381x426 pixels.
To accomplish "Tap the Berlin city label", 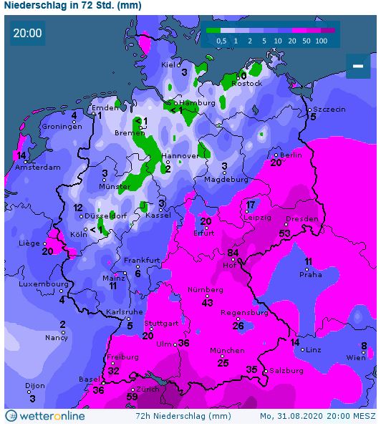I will pos(291,155).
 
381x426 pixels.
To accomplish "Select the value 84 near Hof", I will pos(233,253).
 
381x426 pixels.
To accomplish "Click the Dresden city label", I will pos(301,219).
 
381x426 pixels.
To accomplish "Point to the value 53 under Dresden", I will pos(285,233).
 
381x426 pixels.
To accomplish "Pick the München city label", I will pos(227,351).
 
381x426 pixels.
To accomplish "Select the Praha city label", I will pos(310,274).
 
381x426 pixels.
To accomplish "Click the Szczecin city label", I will pos(329,108).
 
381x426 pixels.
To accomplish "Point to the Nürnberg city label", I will pos(205,290).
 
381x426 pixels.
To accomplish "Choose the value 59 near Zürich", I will pos(132,396).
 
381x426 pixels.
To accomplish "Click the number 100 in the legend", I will pos(321,42).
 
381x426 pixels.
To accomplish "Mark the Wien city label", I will pos(356,357).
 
